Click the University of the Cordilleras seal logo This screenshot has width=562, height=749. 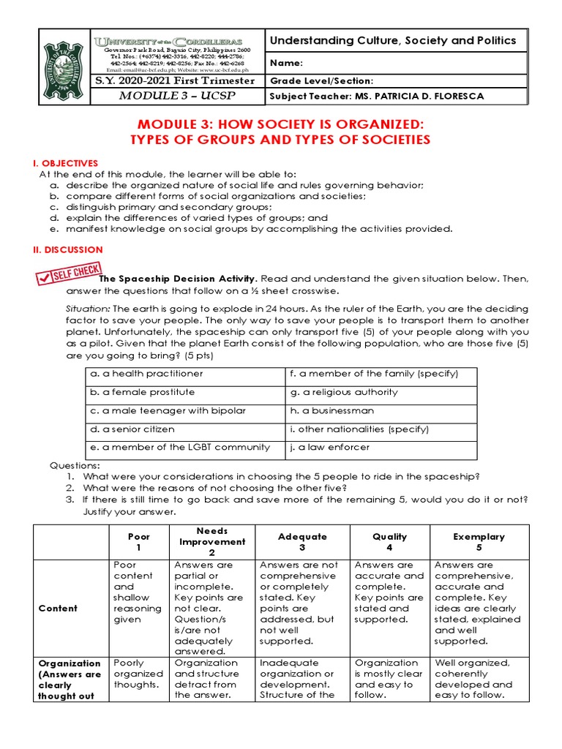click(x=64, y=69)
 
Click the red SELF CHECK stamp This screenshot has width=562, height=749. click(x=68, y=276)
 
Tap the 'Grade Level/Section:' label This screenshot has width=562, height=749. click(x=321, y=81)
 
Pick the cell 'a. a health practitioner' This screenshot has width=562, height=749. click(x=146, y=374)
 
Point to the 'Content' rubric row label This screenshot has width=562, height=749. click(x=58, y=608)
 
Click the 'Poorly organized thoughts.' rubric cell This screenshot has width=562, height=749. click(x=138, y=674)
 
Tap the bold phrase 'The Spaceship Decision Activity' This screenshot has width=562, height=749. click(x=177, y=279)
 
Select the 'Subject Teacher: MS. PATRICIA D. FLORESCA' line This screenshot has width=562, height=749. click(x=376, y=97)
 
